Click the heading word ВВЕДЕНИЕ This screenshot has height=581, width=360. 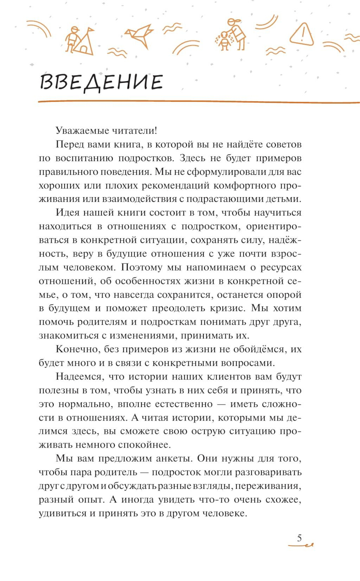(101, 82)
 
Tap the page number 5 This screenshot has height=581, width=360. (299, 538)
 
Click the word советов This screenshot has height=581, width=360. (284, 145)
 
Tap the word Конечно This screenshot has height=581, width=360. (77, 349)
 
